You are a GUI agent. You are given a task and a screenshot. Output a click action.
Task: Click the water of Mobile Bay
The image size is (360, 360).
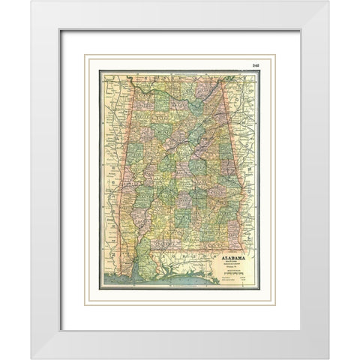[x=137, y=273]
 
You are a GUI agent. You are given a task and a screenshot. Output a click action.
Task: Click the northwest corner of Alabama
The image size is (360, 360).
[x=133, y=81]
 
